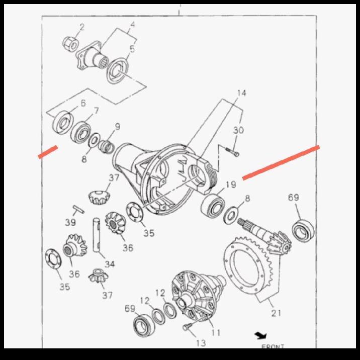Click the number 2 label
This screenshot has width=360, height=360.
pos(82,26)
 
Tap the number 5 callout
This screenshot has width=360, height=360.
pos(132,49)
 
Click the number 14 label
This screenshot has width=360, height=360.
pos(242,93)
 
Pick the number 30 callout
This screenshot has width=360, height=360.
pos(238,130)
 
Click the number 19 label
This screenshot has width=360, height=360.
pos(230,185)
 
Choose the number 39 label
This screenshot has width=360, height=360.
pos(70,223)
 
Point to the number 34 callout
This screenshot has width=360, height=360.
pos(110,264)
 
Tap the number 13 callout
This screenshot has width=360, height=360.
pos(201,343)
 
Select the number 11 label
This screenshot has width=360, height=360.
pos(216,332)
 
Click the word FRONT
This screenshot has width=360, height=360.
pos(273,346)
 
